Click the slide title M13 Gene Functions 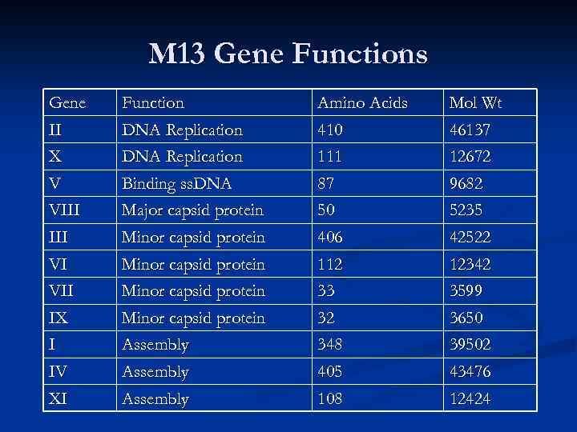288,54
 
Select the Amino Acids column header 362,103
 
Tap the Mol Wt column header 476,103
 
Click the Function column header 152,103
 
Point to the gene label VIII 66,210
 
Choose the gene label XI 59,398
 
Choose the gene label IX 59,318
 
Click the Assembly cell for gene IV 155,372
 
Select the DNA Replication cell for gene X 181,157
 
